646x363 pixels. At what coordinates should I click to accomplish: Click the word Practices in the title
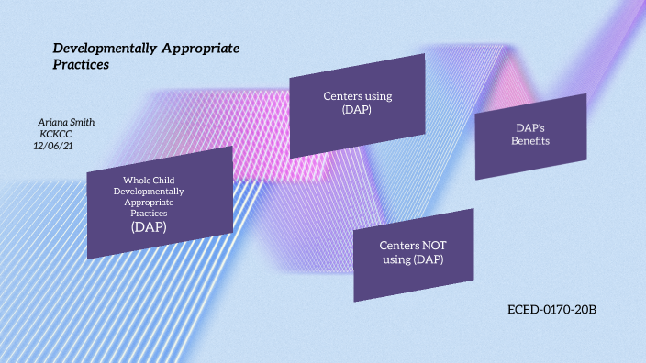pyautogui.click(x=81, y=65)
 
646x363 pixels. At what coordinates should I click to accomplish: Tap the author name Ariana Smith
pyautogui.click(x=66, y=122)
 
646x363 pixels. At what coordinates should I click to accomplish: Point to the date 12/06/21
pyautogui.click(x=53, y=145)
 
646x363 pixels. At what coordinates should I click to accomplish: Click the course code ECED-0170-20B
pyautogui.click(x=552, y=310)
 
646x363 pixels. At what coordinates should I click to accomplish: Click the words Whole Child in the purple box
pyautogui.click(x=149, y=180)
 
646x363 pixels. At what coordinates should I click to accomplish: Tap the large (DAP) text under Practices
pyautogui.click(x=149, y=226)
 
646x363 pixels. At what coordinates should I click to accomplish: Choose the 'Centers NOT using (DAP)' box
pyautogui.click(x=413, y=254)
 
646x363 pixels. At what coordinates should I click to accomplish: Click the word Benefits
pyautogui.click(x=530, y=141)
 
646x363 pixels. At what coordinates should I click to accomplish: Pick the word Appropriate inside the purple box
pyautogui.click(x=149, y=202)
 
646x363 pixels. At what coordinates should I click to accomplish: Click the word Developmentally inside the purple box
pyautogui.click(x=149, y=191)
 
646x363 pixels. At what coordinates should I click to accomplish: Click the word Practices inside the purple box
pyautogui.click(x=149, y=213)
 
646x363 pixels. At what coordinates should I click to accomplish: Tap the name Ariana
pyautogui.click(x=51, y=122)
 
